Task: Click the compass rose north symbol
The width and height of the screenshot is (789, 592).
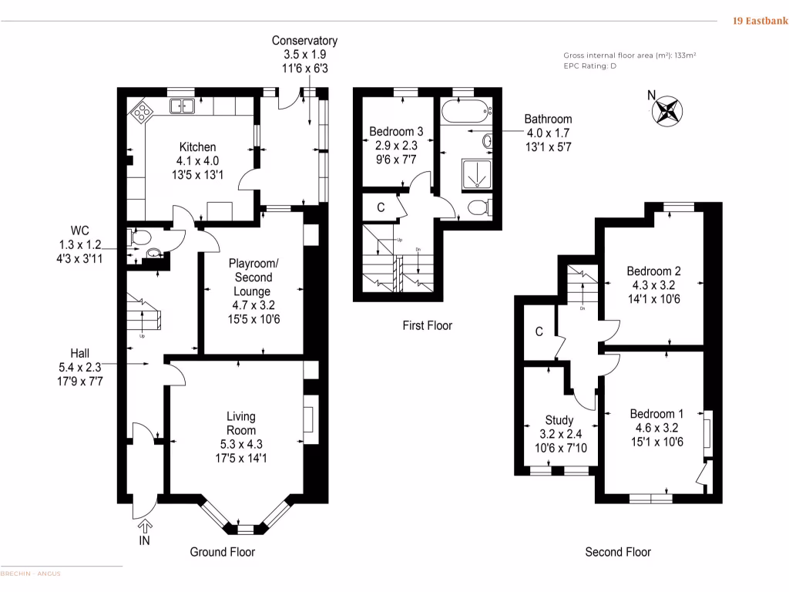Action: [x=667, y=109]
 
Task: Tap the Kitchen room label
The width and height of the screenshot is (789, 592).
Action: [x=197, y=146]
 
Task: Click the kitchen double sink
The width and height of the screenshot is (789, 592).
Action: [x=183, y=106]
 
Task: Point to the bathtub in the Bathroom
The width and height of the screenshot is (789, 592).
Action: [x=465, y=113]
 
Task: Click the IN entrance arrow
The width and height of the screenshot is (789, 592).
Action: [x=144, y=527]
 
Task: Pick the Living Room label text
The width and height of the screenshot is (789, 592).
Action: [x=240, y=423]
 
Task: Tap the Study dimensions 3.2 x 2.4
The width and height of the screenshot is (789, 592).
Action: [x=559, y=434]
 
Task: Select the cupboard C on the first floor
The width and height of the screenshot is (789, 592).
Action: [x=381, y=207]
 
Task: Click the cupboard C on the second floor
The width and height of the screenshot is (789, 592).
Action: [x=539, y=332]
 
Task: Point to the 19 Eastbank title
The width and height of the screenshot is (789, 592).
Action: [x=759, y=22]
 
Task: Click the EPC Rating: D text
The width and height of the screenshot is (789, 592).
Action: [x=590, y=66]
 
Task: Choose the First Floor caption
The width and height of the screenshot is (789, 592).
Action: [x=427, y=325]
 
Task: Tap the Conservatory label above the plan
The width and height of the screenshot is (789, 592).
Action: [x=304, y=41]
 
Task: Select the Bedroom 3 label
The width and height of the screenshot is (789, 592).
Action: [x=396, y=131]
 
